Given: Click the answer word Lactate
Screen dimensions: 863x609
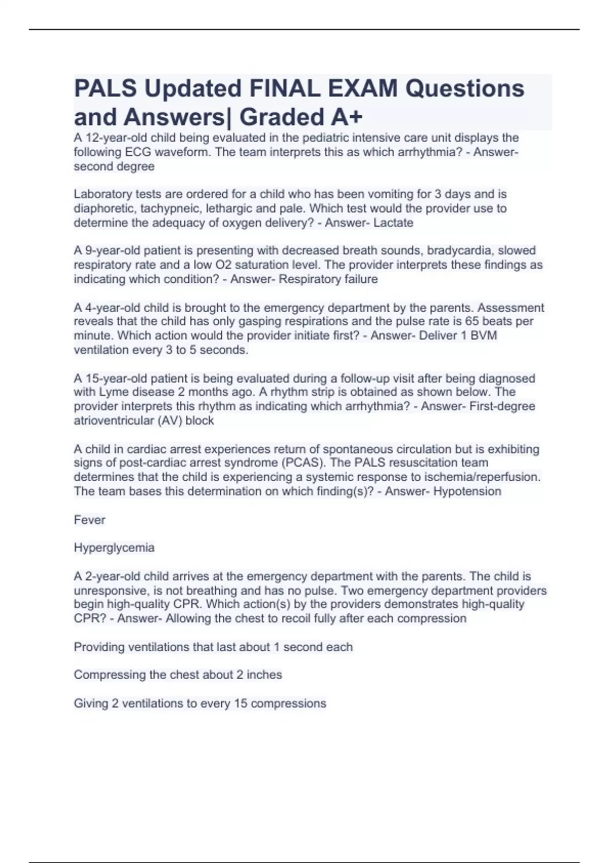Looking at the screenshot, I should point(393,223).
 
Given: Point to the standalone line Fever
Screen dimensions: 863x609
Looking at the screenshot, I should point(89,520).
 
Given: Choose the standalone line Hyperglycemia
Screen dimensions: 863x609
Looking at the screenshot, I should point(114,548).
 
